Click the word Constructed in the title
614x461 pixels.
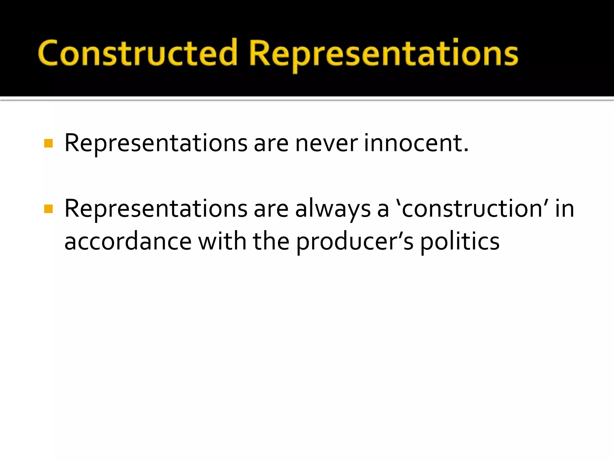click(x=138, y=53)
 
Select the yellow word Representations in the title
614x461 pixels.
click(x=383, y=54)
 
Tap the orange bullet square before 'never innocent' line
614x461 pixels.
click(x=48, y=143)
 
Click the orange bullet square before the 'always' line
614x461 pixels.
click(x=48, y=209)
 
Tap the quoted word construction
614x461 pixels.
click(x=472, y=209)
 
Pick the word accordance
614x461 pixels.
click(x=128, y=241)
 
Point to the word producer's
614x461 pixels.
click(x=355, y=242)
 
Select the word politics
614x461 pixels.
click(x=460, y=241)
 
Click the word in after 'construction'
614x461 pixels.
click(x=565, y=209)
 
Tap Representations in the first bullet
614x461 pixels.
click(x=156, y=143)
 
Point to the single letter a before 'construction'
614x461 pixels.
click(x=383, y=210)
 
